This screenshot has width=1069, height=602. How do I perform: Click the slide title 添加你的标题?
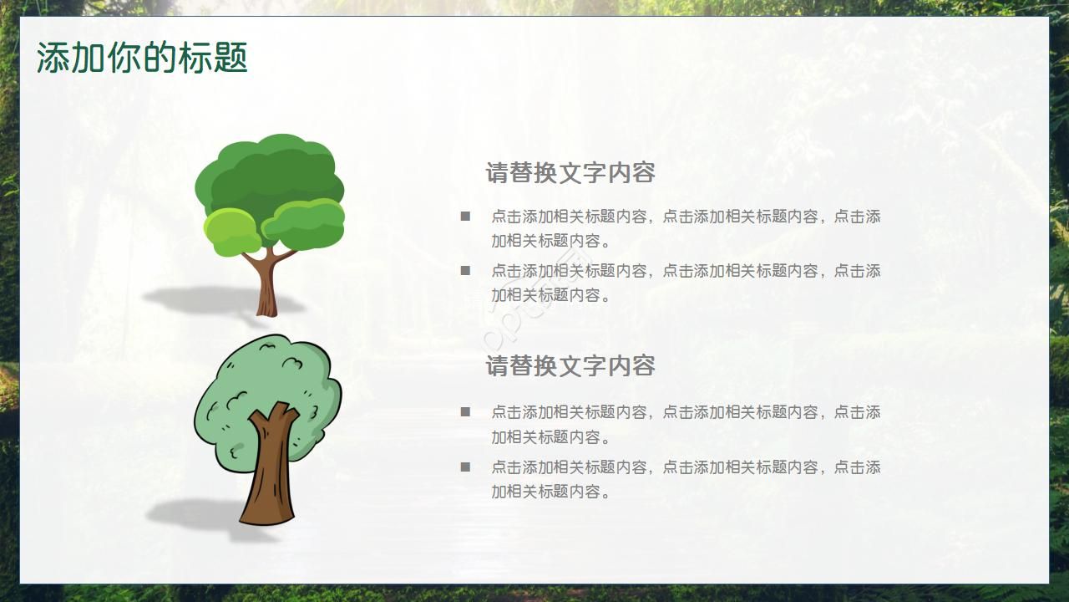point(142,58)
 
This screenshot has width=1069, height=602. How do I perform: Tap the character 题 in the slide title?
point(231,58)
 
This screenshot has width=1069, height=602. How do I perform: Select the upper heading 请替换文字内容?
point(570,172)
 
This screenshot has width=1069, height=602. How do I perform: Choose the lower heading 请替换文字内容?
point(570,365)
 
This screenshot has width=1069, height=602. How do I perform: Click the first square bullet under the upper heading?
point(465,217)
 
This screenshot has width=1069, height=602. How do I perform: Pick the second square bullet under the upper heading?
point(465,271)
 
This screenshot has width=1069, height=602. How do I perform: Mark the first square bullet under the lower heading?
point(465,412)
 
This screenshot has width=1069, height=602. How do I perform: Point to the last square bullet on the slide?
point(465,467)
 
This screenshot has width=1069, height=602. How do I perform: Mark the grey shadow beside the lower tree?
point(200,516)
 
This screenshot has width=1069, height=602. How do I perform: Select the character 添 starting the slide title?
point(53,58)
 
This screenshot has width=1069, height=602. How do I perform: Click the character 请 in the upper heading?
point(498,172)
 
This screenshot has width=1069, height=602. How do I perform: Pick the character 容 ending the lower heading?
point(643,365)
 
